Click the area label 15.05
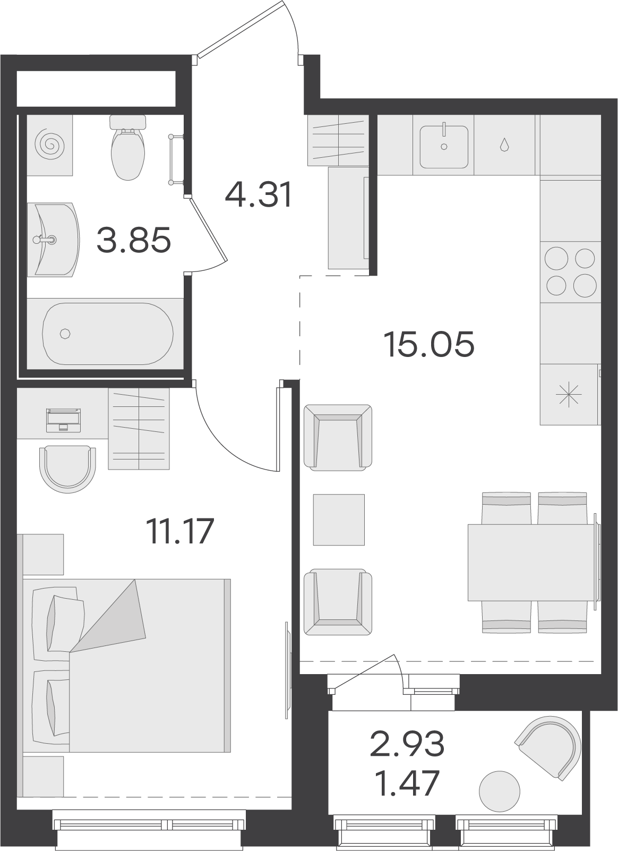point(429,344)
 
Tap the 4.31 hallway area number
point(259,194)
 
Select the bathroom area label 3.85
point(134,240)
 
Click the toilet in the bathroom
point(127,148)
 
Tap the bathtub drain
point(65,334)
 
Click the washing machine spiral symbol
point(49,144)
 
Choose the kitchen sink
point(444,147)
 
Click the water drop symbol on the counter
point(504,144)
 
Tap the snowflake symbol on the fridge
point(568,395)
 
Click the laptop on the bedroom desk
point(63,420)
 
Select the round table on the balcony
point(500,792)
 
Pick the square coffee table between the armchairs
point(339,520)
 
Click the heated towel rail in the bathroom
point(176,159)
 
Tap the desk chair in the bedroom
point(67,469)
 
